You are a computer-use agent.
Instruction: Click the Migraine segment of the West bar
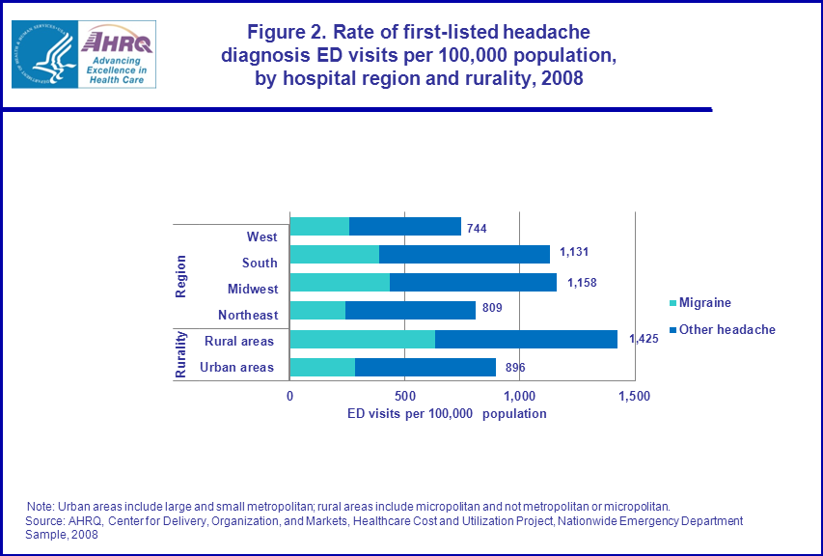click(x=319, y=226)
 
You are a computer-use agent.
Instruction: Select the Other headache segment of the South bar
click(x=464, y=254)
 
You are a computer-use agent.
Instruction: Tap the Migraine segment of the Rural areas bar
click(x=362, y=339)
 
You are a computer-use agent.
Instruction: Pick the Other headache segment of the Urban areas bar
click(x=425, y=367)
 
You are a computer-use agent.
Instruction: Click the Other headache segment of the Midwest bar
click(x=473, y=282)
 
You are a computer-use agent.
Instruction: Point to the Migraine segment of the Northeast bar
click(x=317, y=310)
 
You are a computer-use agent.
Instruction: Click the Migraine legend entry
click(x=703, y=303)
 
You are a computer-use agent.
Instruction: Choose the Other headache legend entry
click(x=726, y=329)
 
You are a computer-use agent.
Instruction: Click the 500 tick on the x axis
click(x=404, y=397)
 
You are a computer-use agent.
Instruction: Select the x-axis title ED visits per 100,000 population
click(x=447, y=413)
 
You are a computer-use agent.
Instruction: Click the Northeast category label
click(x=248, y=315)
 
